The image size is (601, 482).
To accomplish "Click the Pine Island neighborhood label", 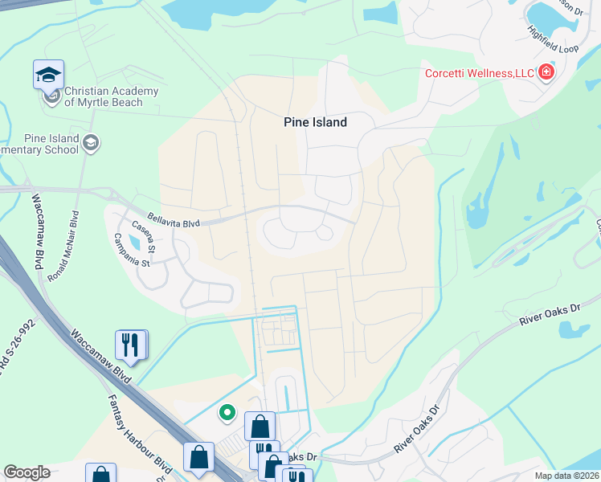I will (315, 122).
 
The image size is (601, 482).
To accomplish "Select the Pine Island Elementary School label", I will (40, 144).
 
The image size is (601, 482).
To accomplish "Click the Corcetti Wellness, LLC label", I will (480, 74).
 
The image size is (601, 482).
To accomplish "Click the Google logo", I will (27, 472).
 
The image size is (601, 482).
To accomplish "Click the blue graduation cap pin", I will (48, 76).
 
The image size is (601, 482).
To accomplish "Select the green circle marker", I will (227, 414).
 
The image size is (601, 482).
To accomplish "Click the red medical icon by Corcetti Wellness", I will (546, 73).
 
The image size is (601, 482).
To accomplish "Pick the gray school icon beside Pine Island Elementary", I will (91, 143).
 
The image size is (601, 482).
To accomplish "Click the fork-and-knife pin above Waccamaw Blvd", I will (131, 345).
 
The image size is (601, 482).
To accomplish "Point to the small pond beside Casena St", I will (133, 240).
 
